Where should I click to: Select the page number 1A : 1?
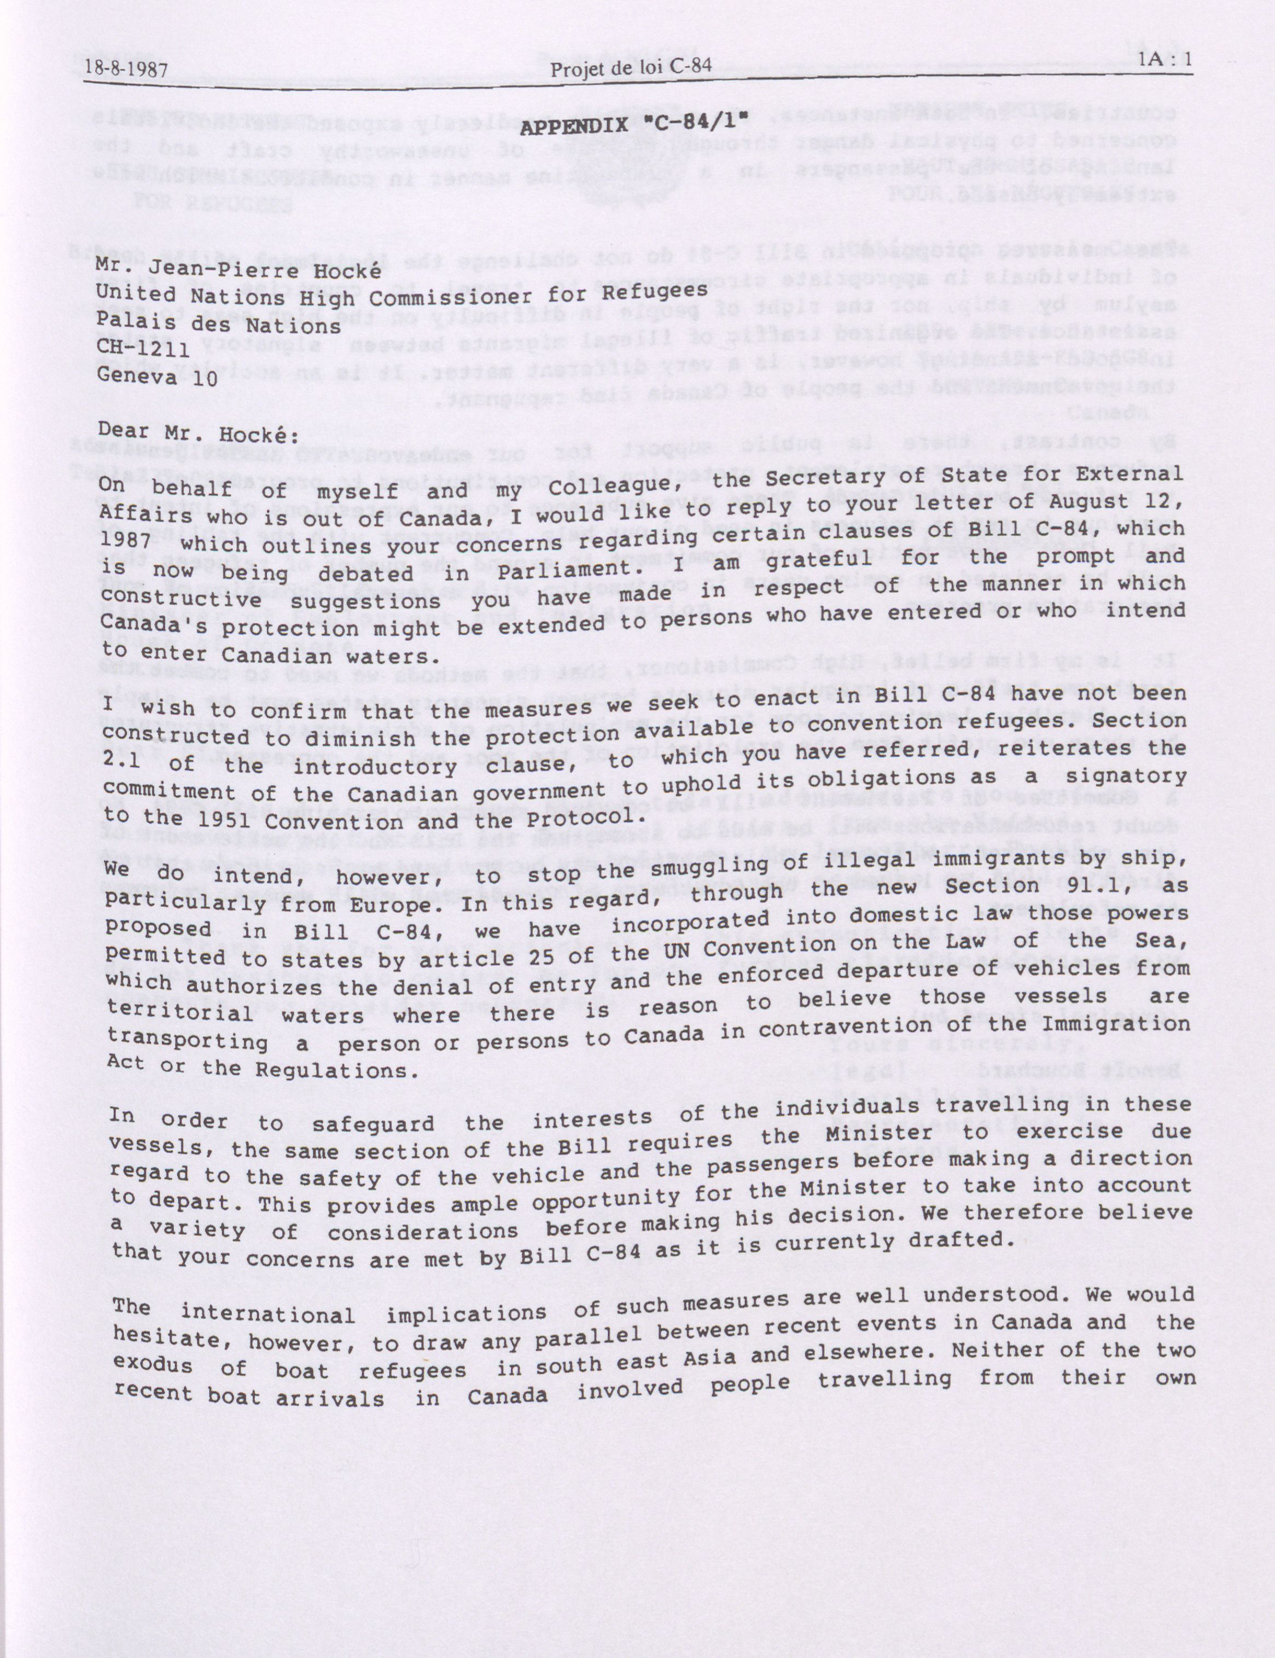coord(1165,60)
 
